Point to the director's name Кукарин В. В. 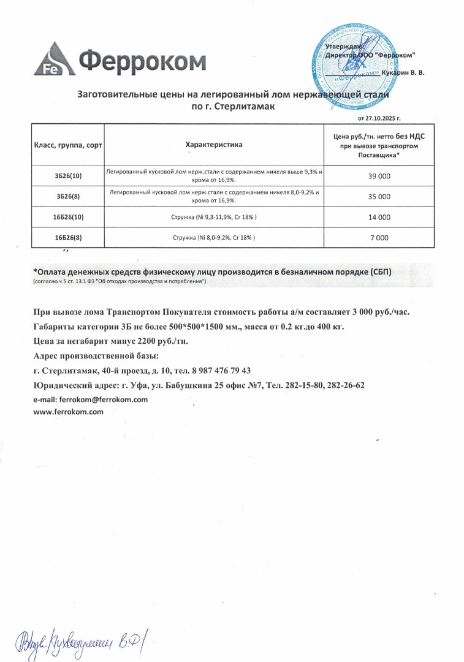pos(402,72)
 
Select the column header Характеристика pos(214,145)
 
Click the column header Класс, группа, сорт pos(68,145)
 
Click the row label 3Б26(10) pos(68,176)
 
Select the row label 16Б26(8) pos(68,237)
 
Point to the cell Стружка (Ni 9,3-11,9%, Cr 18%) pos(214,217)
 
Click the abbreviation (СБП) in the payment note pos(374,271)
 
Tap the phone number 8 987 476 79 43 pos(217,371)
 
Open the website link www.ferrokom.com pos(68,412)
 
